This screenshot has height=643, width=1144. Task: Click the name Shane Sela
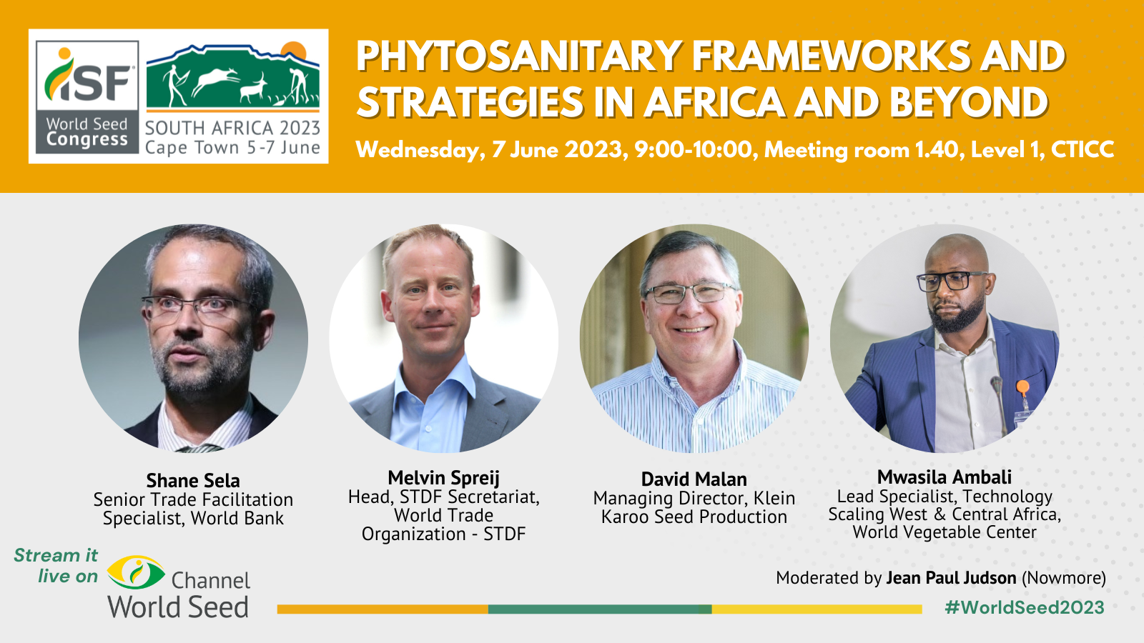point(193,481)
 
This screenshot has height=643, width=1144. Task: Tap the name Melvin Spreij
point(443,478)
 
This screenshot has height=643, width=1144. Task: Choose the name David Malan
point(694,479)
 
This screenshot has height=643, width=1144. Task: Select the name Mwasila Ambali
point(944,477)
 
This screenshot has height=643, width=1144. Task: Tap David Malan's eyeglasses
point(690,292)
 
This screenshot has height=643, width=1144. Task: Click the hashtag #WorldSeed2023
point(1024,608)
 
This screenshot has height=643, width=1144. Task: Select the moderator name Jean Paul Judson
point(951,578)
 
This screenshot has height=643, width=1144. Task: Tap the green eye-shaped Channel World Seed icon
point(136,572)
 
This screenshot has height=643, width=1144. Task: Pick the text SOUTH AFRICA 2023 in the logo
point(232,129)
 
